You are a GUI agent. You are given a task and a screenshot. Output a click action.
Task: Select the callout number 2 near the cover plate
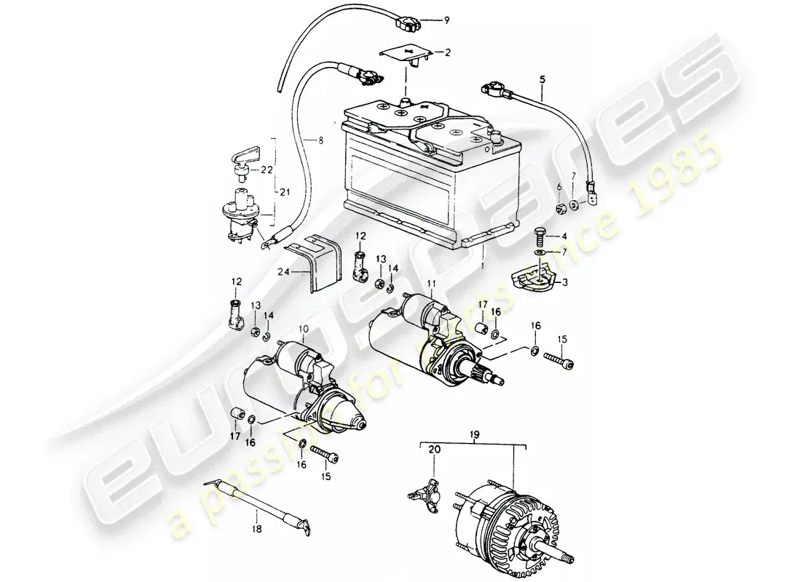(448, 52)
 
